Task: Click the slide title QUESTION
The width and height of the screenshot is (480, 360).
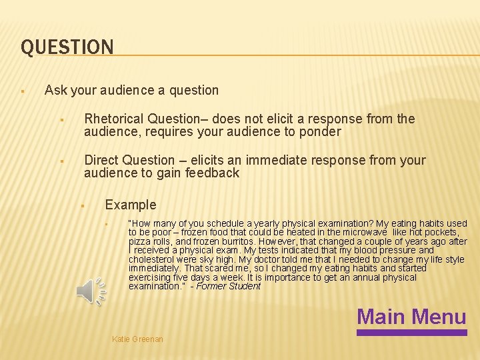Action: tap(67, 47)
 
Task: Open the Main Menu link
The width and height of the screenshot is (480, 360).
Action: tap(411, 316)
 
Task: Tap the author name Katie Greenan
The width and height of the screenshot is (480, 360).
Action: tap(137, 339)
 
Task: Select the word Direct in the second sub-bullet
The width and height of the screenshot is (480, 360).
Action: tap(101, 161)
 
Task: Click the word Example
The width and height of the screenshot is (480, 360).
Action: tap(131, 205)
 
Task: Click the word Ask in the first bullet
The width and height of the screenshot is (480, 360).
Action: tap(55, 90)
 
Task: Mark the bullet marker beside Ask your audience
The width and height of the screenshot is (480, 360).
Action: tap(23, 91)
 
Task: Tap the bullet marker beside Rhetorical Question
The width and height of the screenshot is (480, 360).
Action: tap(61, 120)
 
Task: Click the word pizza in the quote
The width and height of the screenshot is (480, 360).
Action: tap(139, 241)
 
